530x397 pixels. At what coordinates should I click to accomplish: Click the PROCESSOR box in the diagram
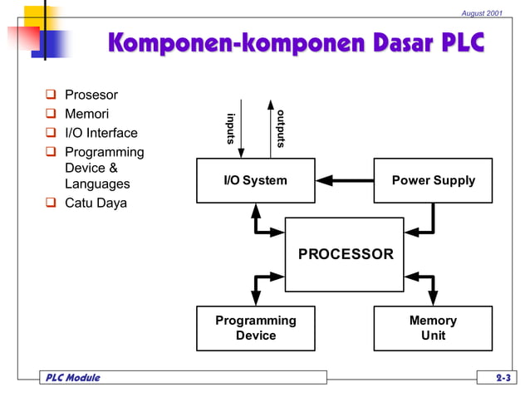tap(345, 254)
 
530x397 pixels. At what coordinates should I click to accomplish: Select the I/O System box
tap(255, 180)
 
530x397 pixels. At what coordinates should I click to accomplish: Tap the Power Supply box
tap(433, 180)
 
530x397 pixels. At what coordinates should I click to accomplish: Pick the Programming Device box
tap(255, 328)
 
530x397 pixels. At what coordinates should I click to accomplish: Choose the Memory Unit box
tap(433, 328)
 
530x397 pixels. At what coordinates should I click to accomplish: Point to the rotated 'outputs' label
tap(282, 128)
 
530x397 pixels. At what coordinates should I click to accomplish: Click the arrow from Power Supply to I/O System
tap(345, 179)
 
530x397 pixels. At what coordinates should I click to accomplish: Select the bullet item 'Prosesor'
tap(91, 95)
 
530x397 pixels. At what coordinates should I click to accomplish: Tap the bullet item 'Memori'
tap(87, 114)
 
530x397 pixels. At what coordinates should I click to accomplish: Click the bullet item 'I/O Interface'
tap(101, 133)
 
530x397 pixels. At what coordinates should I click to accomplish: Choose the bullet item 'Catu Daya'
tap(96, 203)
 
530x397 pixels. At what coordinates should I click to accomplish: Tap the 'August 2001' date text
tap(483, 12)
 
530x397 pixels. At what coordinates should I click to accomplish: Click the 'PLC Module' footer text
tap(71, 378)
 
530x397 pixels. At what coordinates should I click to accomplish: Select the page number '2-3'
tap(503, 378)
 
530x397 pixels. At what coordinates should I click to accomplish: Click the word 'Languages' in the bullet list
tap(97, 184)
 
